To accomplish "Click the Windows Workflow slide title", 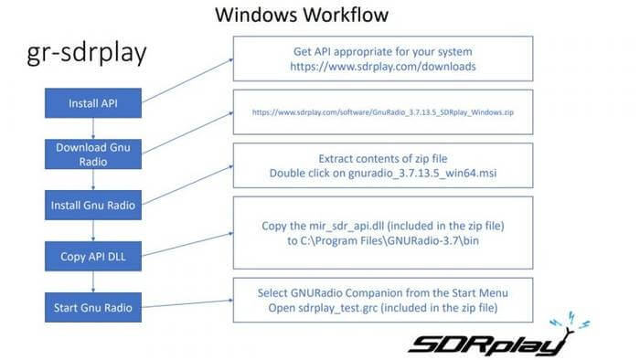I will pos(301,16).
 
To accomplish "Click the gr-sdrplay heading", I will pos(87,54).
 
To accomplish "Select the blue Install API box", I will pos(92,103).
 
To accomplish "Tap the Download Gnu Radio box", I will pos(92,153).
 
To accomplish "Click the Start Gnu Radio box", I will pos(92,307).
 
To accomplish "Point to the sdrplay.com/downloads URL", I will pos(382,68).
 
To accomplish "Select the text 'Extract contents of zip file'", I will pos(382,157).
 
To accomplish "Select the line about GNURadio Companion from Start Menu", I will pos(382,291).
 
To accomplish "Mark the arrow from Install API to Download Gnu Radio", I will pos(92,129).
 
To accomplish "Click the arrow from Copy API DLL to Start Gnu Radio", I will pos(92,281).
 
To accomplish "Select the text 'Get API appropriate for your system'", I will pos(382,51).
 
